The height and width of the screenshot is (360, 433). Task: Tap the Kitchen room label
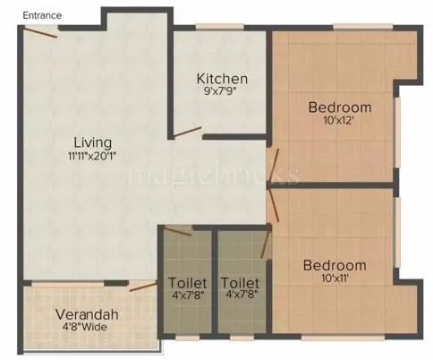(222, 79)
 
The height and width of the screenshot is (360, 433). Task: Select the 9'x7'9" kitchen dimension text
(222, 92)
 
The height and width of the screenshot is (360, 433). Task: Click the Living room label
(93, 142)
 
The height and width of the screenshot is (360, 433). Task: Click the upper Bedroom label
(339, 107)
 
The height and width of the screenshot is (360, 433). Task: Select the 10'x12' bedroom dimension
(339, 121)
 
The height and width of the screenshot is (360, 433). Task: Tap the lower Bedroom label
(334, 265)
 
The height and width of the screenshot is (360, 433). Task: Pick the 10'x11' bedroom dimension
(334, 279)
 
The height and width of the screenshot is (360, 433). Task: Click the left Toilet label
(185, 280)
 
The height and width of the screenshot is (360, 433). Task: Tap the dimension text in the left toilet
(185, 294)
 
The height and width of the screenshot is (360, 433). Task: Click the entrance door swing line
(40, 32)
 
